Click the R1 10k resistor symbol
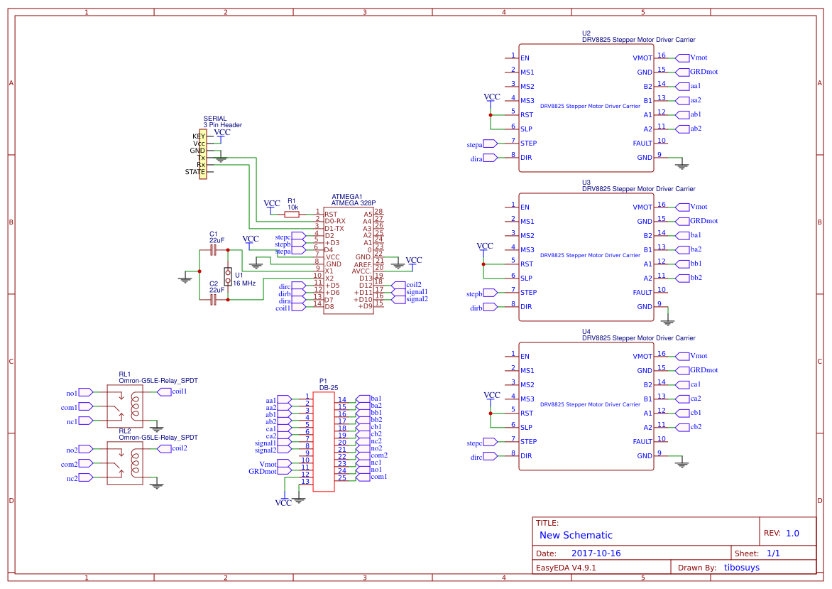click(292, 214)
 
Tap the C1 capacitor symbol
click(213, 250)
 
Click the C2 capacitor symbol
click(213, 300)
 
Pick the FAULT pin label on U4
click(642, 441)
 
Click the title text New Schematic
click(576, 535)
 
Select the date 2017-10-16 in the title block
click(596, 553)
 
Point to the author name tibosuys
click(751, 568)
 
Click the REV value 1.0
click(792, 533)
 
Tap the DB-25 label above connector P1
click(328, 387)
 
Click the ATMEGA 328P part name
click(353, 203)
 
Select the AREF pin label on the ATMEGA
click(363, 264)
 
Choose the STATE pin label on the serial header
click(195, 172)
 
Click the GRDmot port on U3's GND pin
click(703, 221)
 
